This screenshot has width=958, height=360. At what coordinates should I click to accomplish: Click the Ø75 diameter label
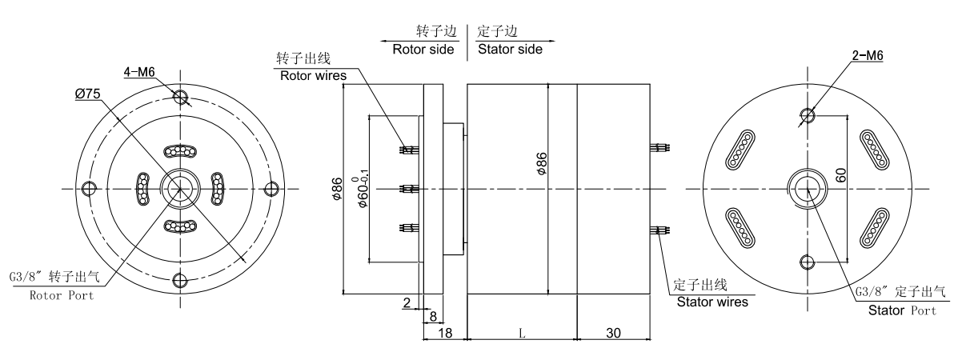[87, 94]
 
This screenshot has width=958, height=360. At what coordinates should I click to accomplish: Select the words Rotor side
[423, 49]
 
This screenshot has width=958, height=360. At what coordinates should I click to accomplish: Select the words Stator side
[510, 49]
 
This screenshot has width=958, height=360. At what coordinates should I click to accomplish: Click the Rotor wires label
[312, 76]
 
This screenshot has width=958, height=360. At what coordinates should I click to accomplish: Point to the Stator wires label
[712, 302]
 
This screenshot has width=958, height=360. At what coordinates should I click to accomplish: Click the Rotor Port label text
[62, 295]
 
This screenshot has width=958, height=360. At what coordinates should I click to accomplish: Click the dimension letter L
[521, 331]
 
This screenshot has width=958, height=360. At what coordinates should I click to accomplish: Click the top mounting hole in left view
[181, 98]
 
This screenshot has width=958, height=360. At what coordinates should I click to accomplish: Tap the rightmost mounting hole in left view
[271, 189]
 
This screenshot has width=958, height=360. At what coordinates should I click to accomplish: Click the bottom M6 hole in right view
[808, 261]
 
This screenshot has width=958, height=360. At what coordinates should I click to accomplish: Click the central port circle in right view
[808, 189]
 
